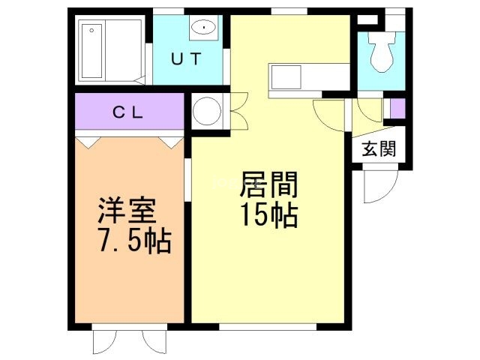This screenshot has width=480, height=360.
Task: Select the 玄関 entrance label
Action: point(378,148)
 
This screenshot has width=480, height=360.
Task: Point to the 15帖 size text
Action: point(268,216)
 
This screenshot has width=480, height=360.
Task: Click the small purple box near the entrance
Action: point(396,109)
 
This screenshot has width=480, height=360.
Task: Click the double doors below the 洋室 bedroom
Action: point(127,341)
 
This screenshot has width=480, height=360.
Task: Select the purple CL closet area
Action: point(129,112)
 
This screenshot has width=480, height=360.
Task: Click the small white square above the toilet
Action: point(365,20)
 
